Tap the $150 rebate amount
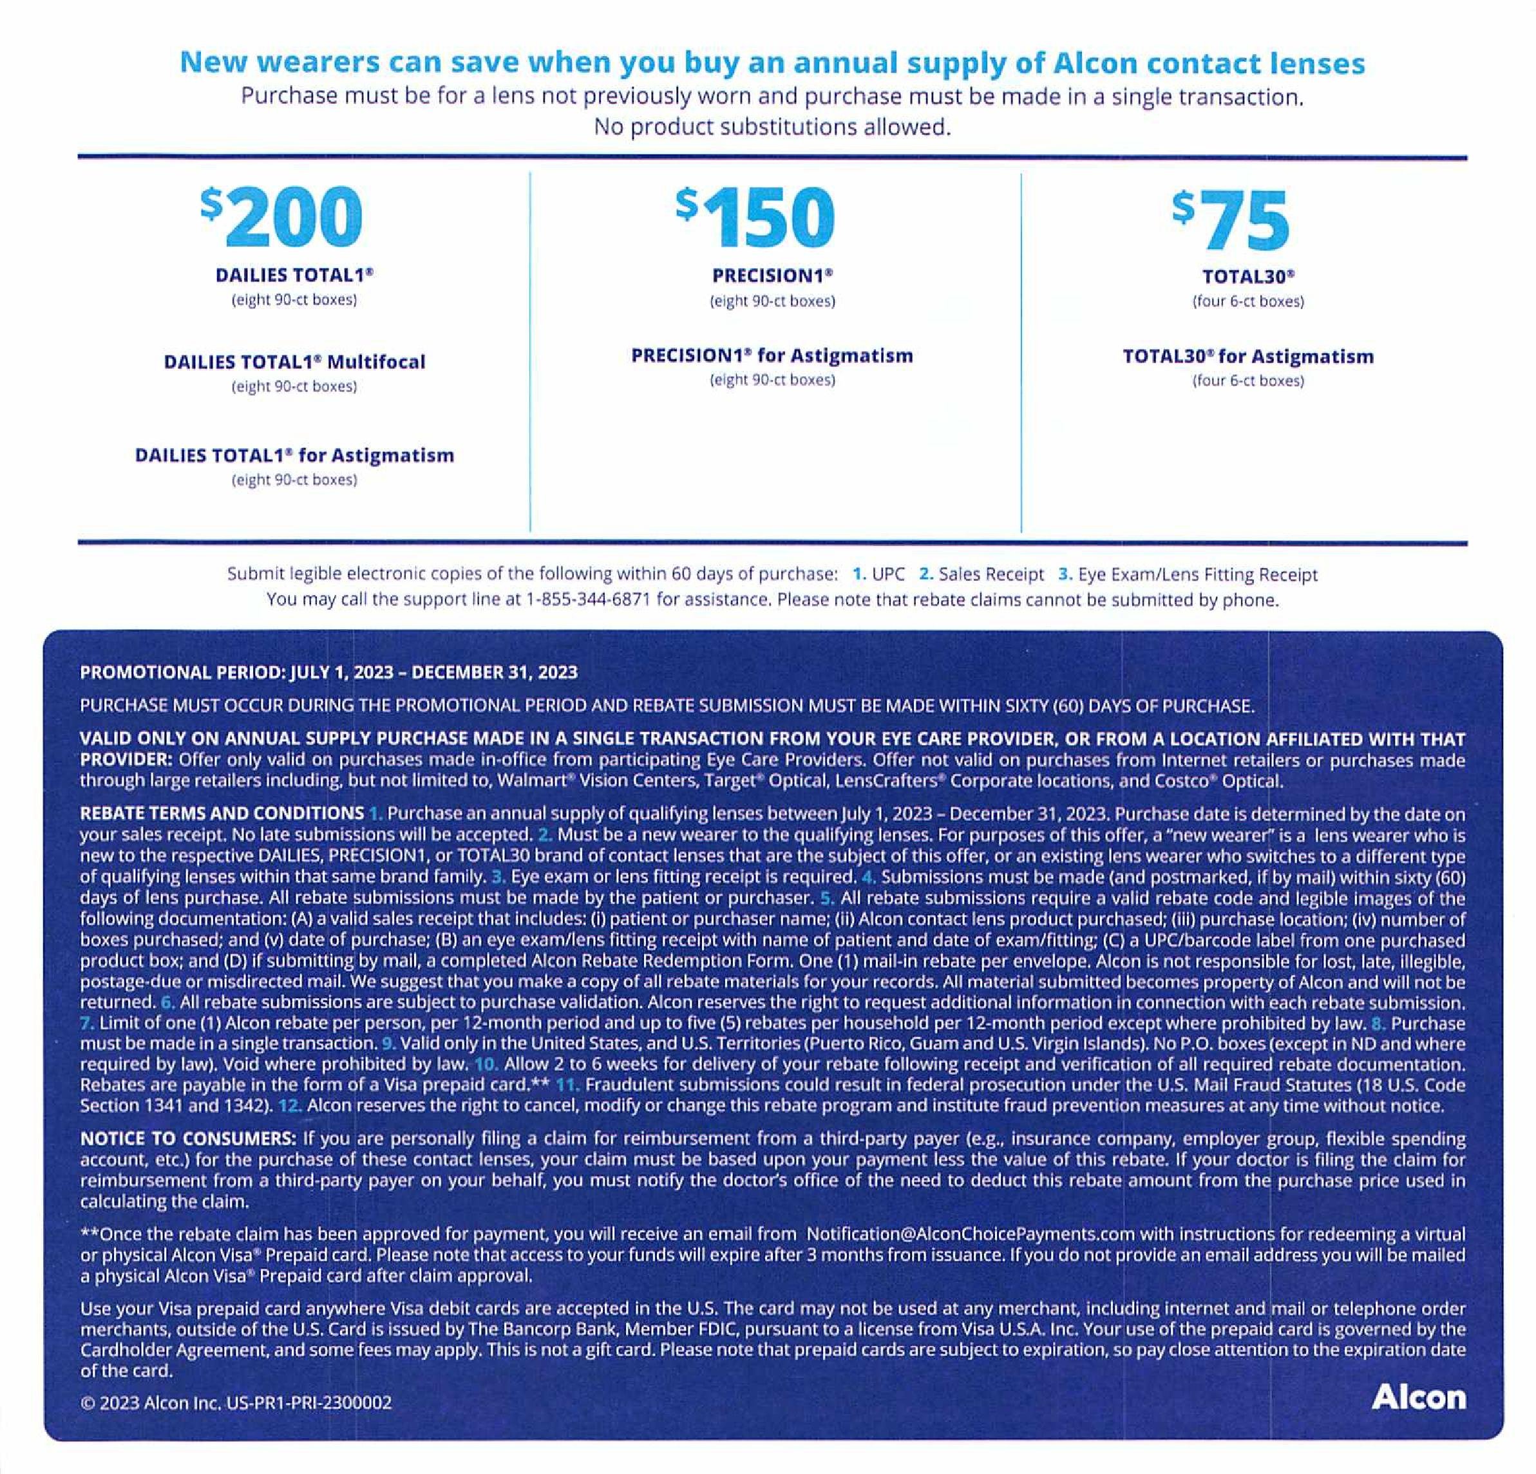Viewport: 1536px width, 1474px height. (755, 217)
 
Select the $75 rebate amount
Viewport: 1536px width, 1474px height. (1231, 220)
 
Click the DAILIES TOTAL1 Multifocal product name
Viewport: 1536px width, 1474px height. (295, 362)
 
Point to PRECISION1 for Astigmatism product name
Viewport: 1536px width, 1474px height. (772, 355)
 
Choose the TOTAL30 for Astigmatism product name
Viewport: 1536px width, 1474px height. (1247, 357)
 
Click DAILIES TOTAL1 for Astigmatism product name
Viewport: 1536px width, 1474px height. (295, 455)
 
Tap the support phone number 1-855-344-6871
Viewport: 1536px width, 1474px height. (588, 600)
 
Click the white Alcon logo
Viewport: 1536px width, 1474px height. (1418, 1397)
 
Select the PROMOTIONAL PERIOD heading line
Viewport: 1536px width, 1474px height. (328, 672)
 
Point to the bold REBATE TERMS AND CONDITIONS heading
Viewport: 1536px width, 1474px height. (222, 813)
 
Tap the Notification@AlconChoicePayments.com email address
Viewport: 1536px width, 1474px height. (970, 1234)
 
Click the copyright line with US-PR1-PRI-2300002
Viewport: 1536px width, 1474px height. (236, 1402)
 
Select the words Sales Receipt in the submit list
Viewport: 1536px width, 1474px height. (991, 574)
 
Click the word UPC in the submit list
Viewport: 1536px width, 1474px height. (888, 574)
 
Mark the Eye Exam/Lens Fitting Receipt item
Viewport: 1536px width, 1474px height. (1197, 574)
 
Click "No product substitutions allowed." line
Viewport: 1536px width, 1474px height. (772, 127)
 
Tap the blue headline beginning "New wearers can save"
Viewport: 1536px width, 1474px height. (772, 62)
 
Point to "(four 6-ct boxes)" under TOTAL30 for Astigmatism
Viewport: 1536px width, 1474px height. (1247, 381)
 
